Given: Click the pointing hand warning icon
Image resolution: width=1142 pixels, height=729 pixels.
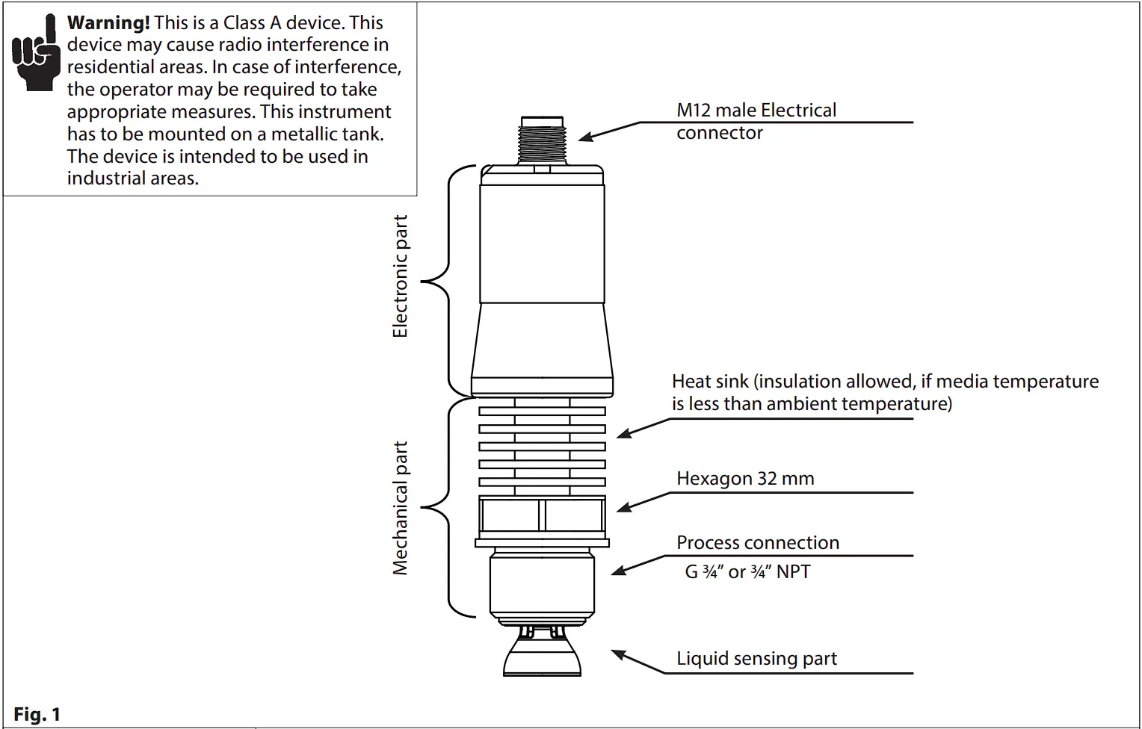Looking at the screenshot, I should [x=35, y=54].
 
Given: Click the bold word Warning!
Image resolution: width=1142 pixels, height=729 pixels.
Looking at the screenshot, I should [x=108, y=22].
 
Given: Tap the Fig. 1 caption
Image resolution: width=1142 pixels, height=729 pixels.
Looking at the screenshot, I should [x=37, y=714].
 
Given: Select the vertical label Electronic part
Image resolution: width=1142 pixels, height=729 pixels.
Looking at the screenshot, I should [x=401, y=276].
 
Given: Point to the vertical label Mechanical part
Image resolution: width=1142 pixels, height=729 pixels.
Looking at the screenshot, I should [x=401, y=508].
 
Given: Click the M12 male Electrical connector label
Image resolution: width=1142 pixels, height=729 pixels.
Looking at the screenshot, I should [x=756, y=121].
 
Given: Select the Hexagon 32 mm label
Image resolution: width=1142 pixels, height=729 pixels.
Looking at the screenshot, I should [x=745, y=479].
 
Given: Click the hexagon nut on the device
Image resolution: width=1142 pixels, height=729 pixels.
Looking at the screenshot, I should [x=542, y=515].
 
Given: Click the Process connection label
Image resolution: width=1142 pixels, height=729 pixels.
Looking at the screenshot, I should [x=757, y=543].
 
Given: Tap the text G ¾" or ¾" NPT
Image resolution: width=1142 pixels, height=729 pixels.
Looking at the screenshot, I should [x=747, y=572].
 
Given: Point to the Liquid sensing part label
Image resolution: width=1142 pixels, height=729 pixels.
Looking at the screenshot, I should [x=756, y=659].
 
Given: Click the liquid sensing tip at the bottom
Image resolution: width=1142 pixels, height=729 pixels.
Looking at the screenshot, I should [x=543, y=656].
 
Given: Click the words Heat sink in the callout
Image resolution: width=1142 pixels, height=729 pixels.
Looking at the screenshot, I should [x=710, y=382].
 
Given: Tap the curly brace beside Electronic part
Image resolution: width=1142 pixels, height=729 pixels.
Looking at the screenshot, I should [x=441, y=281].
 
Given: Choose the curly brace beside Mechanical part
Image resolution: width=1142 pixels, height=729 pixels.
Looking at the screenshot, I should [x=441, y=508].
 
